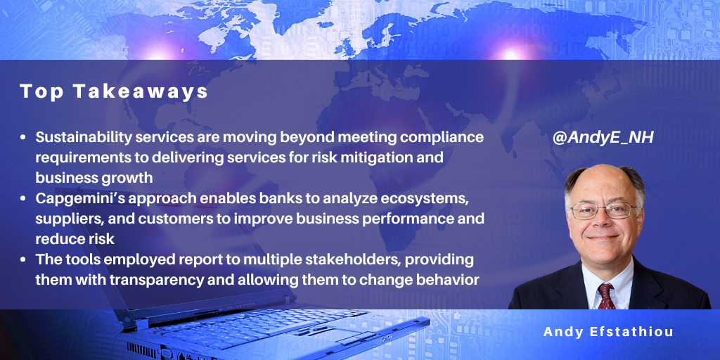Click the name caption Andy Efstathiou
[609, 332]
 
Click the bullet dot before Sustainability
[23, 139]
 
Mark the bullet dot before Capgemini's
[23, 199]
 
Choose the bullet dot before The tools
[23, 260]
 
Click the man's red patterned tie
[606, 296]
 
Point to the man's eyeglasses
[603, 210]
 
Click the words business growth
[94, 178]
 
